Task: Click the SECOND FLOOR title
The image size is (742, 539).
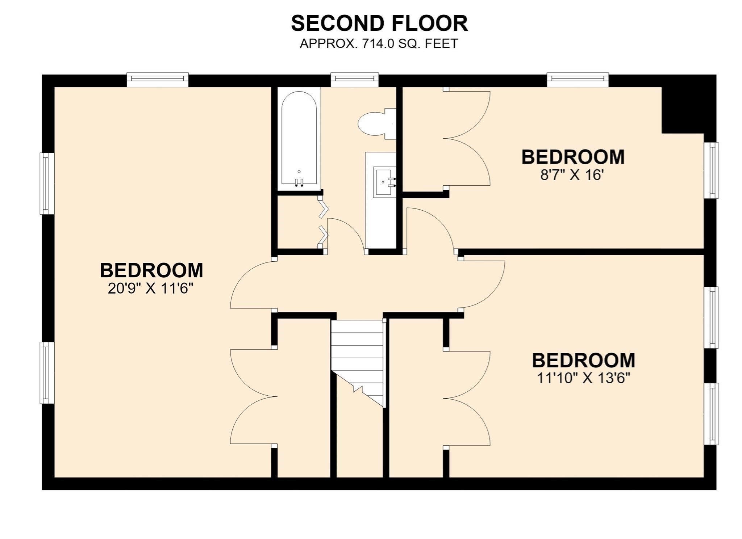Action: [379, 24]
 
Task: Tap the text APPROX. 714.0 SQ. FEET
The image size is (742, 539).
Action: [379, 44]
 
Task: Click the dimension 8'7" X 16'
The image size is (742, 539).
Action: [572, 176]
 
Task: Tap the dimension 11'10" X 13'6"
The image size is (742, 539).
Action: [583, 378]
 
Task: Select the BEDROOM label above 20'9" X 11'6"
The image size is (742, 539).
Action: [151, 270]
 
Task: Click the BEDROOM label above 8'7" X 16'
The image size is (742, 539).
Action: [573, 157]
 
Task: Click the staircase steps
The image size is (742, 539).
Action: [357, 358]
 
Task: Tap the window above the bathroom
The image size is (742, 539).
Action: [355, 80]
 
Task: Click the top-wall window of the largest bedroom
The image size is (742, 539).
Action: [158, 80]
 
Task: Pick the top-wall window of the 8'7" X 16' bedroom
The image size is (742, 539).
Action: [578, 80]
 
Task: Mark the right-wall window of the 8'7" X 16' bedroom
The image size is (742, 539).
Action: [711, 170]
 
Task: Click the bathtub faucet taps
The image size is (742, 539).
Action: [299, 182]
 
